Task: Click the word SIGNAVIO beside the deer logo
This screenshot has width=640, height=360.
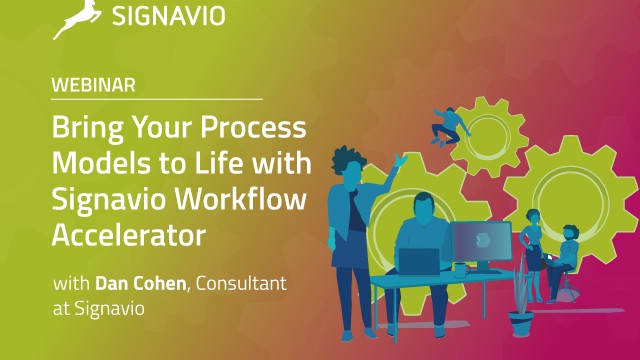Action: [x=168, y=16]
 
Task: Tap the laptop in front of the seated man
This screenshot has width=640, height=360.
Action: [x=419, y=262]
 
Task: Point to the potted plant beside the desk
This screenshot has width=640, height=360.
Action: [x=520, y=310]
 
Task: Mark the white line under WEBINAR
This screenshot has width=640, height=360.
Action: [x=157, y=100]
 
